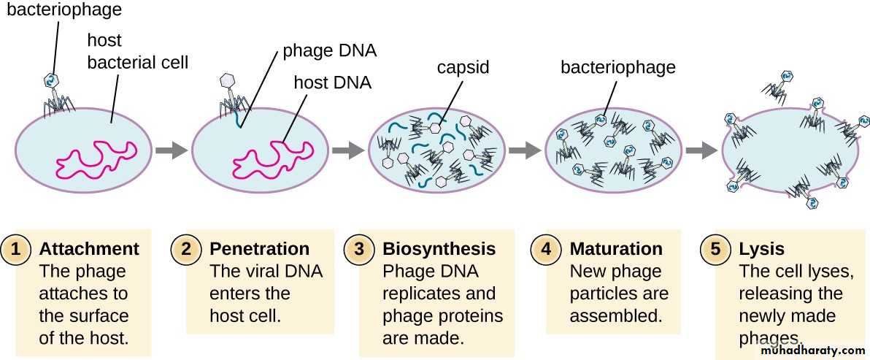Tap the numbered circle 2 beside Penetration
187,250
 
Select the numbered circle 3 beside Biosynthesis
359,250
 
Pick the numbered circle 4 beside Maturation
546,250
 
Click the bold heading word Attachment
89,249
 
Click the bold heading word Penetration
259,249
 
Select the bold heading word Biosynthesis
439,249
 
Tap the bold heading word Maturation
616,249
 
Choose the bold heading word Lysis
761,249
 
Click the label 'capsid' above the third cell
463,67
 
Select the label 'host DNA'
332,82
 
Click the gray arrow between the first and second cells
171,150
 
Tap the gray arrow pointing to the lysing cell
702,150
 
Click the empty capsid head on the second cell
227,80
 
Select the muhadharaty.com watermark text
811,351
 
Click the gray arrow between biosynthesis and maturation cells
524,150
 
